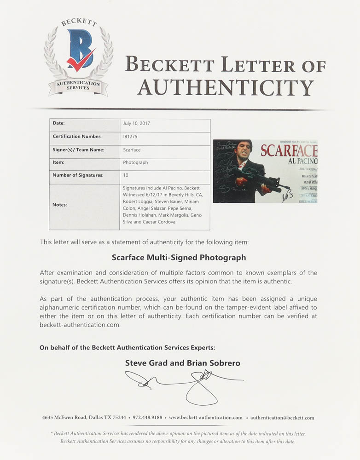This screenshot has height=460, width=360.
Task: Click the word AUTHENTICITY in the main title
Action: click(x=226, y=86)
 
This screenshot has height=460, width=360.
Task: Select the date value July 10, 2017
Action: click(x=137, y=124)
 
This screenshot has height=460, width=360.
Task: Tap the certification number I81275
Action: click(x=131, y=137)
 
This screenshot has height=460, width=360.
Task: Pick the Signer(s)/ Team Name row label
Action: click(x=78, y=149)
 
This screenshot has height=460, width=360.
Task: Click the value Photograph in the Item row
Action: click(x=136, y=162)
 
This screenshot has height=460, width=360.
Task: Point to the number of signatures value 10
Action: click(x=126, y=175)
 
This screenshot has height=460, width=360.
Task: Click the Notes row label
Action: click(x=60, y=204)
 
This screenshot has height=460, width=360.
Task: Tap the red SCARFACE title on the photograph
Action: click(x=288, y=150)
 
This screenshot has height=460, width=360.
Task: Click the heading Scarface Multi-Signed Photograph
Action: click(x=179, y=258)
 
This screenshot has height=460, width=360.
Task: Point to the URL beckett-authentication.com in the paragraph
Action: click(x=80, y=324)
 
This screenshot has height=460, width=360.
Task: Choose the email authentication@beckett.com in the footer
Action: click(x=283, y=418)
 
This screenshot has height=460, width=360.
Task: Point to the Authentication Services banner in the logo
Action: click(x=78, y=86)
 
